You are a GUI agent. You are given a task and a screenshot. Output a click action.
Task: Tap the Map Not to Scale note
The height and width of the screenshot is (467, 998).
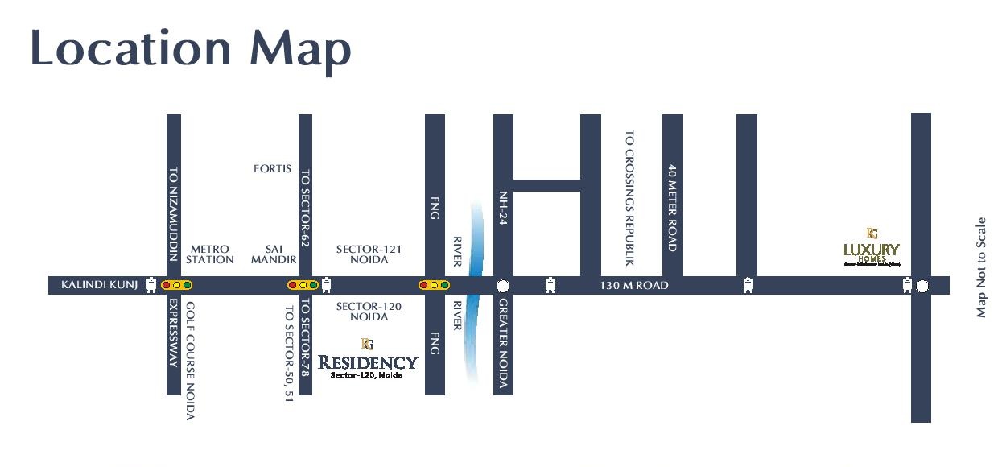981,267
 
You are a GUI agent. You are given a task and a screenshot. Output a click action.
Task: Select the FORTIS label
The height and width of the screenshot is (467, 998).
272,169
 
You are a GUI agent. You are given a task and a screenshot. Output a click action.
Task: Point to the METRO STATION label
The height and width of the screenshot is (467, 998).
209,254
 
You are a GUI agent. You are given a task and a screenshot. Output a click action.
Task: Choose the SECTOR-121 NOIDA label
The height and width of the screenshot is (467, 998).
369,254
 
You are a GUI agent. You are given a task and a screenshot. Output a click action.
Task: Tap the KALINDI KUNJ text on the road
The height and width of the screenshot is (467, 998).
100,285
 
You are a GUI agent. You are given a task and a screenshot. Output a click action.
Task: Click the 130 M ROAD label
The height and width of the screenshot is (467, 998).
634,286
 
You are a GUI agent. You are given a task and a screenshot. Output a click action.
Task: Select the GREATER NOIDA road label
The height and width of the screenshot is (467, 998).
503,345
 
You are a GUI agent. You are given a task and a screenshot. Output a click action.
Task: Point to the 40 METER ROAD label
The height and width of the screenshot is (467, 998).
672,209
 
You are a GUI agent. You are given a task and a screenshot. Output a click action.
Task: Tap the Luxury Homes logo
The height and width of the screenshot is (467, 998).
872,247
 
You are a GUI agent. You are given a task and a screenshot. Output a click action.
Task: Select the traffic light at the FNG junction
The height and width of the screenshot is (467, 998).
434,285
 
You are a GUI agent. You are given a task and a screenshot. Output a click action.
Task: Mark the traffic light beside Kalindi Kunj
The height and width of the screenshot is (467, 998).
176,285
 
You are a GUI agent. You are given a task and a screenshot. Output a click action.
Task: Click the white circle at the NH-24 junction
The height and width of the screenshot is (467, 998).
503,286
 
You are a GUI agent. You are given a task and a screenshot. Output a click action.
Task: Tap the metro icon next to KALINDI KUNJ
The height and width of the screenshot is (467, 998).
151,285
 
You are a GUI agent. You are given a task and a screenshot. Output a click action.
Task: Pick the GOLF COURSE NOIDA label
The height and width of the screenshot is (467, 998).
191,361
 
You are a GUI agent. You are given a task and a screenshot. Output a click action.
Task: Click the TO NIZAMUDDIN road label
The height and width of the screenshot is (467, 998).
173,214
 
